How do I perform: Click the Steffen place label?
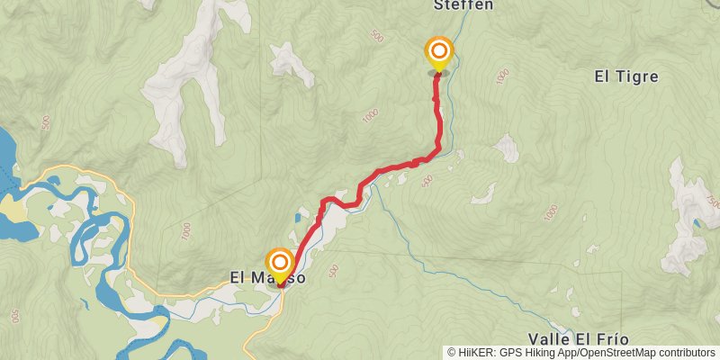463,4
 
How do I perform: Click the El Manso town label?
267,278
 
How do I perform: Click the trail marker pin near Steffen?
439,52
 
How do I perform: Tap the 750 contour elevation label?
714,203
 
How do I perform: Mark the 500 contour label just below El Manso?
333,270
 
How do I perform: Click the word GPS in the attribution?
508,353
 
